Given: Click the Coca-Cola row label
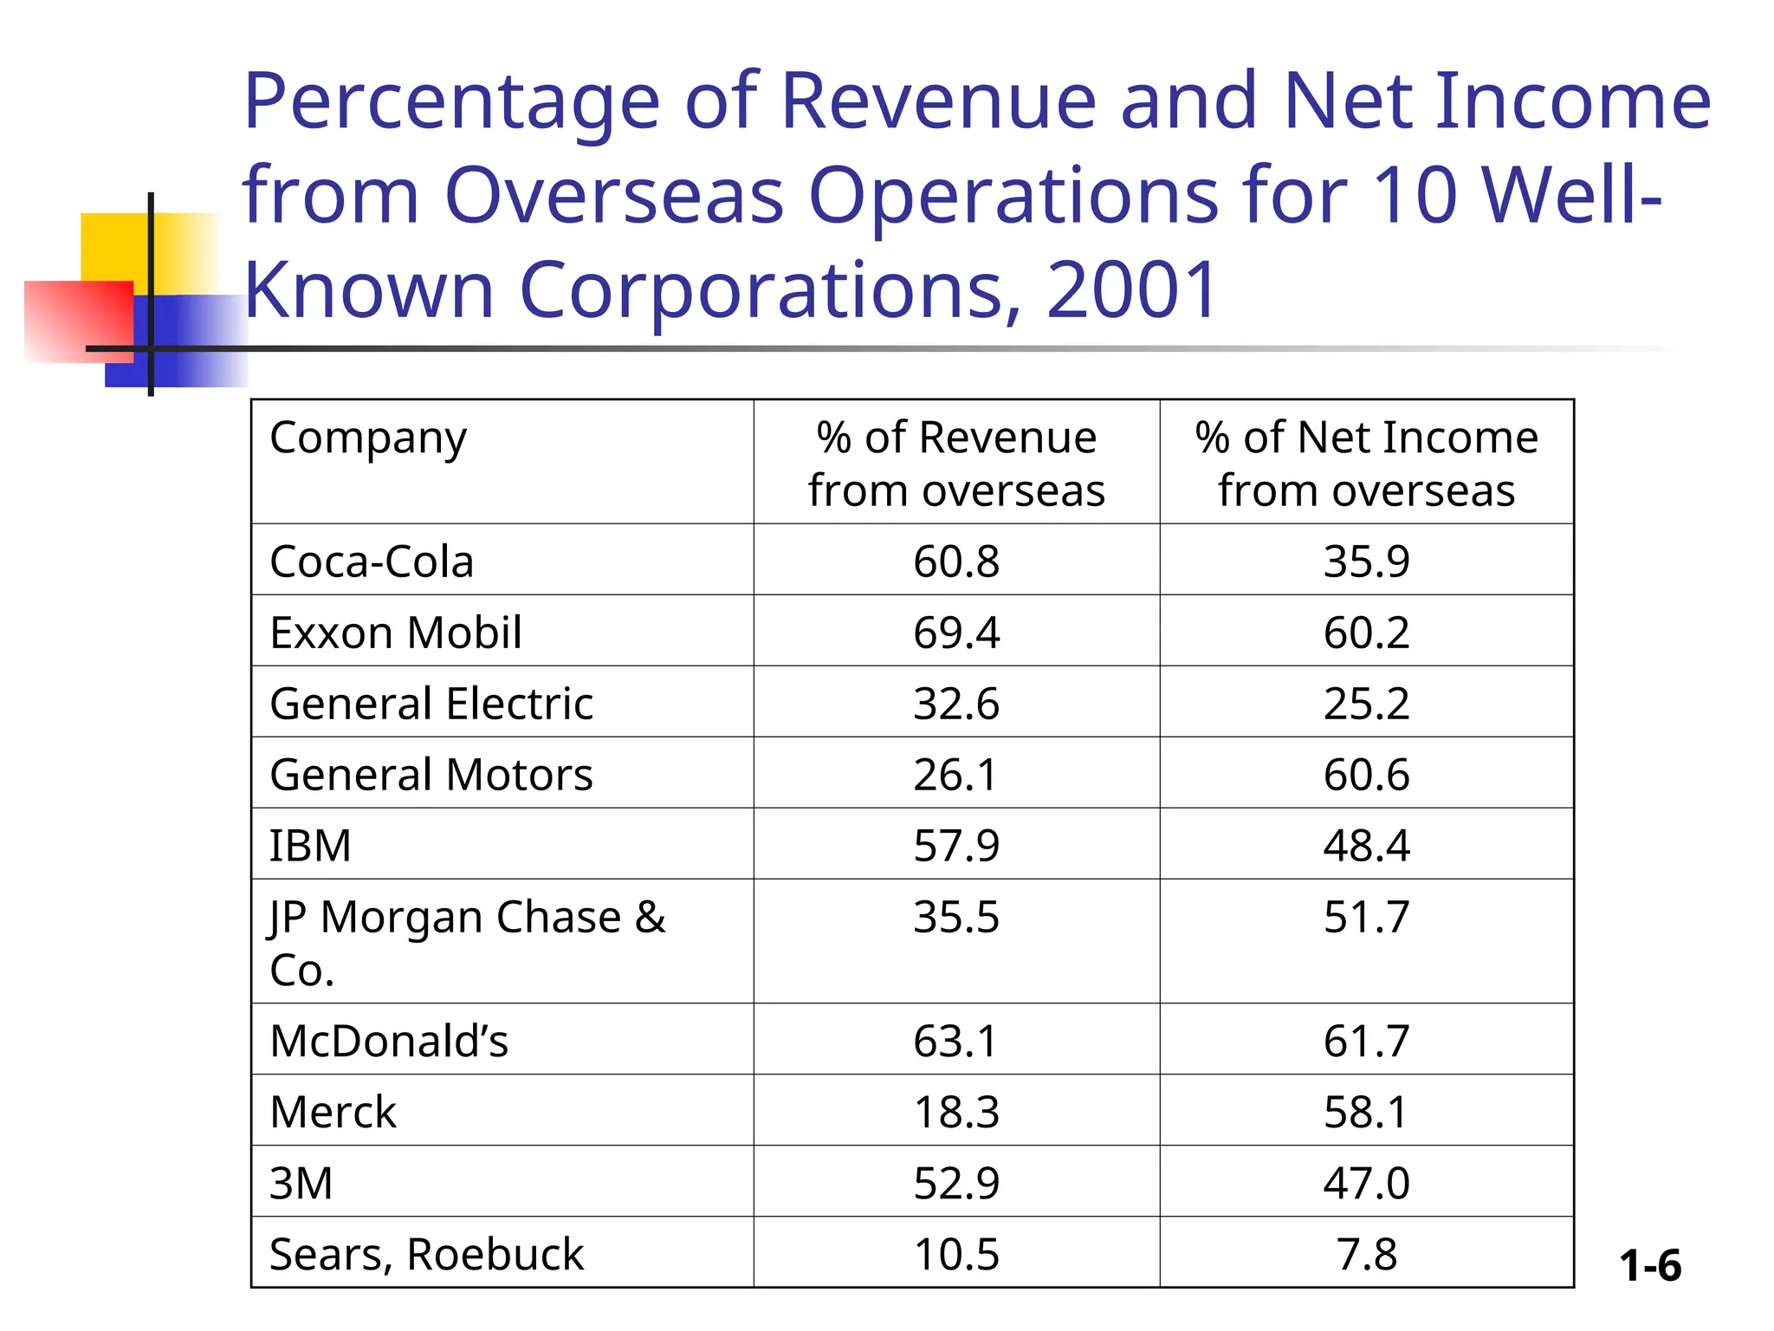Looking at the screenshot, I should click(372, 561).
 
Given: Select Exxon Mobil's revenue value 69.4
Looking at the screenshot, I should click(955, 632).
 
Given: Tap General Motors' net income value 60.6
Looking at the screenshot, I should click(1365, 774).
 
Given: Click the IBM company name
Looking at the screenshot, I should click(310, 845).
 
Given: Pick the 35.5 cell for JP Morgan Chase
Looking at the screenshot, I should click(955, 917).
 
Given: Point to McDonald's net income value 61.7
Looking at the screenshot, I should click(1365, 1040).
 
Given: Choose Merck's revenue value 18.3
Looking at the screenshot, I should click(955, 1111).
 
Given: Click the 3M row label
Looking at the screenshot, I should click(301, 1182).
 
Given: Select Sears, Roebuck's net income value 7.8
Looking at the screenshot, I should click(1366, 1253).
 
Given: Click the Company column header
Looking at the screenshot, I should click(368, 438).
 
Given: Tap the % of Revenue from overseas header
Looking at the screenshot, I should click(956, 463).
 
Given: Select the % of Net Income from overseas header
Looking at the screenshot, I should click(1366, 463).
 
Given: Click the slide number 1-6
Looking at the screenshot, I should click(1649, 1265).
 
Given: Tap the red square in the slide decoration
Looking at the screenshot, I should click(69, 321).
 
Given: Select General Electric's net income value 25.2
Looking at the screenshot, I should click(1365, 703).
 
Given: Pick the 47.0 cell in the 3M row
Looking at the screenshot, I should click(1365, 1182).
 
